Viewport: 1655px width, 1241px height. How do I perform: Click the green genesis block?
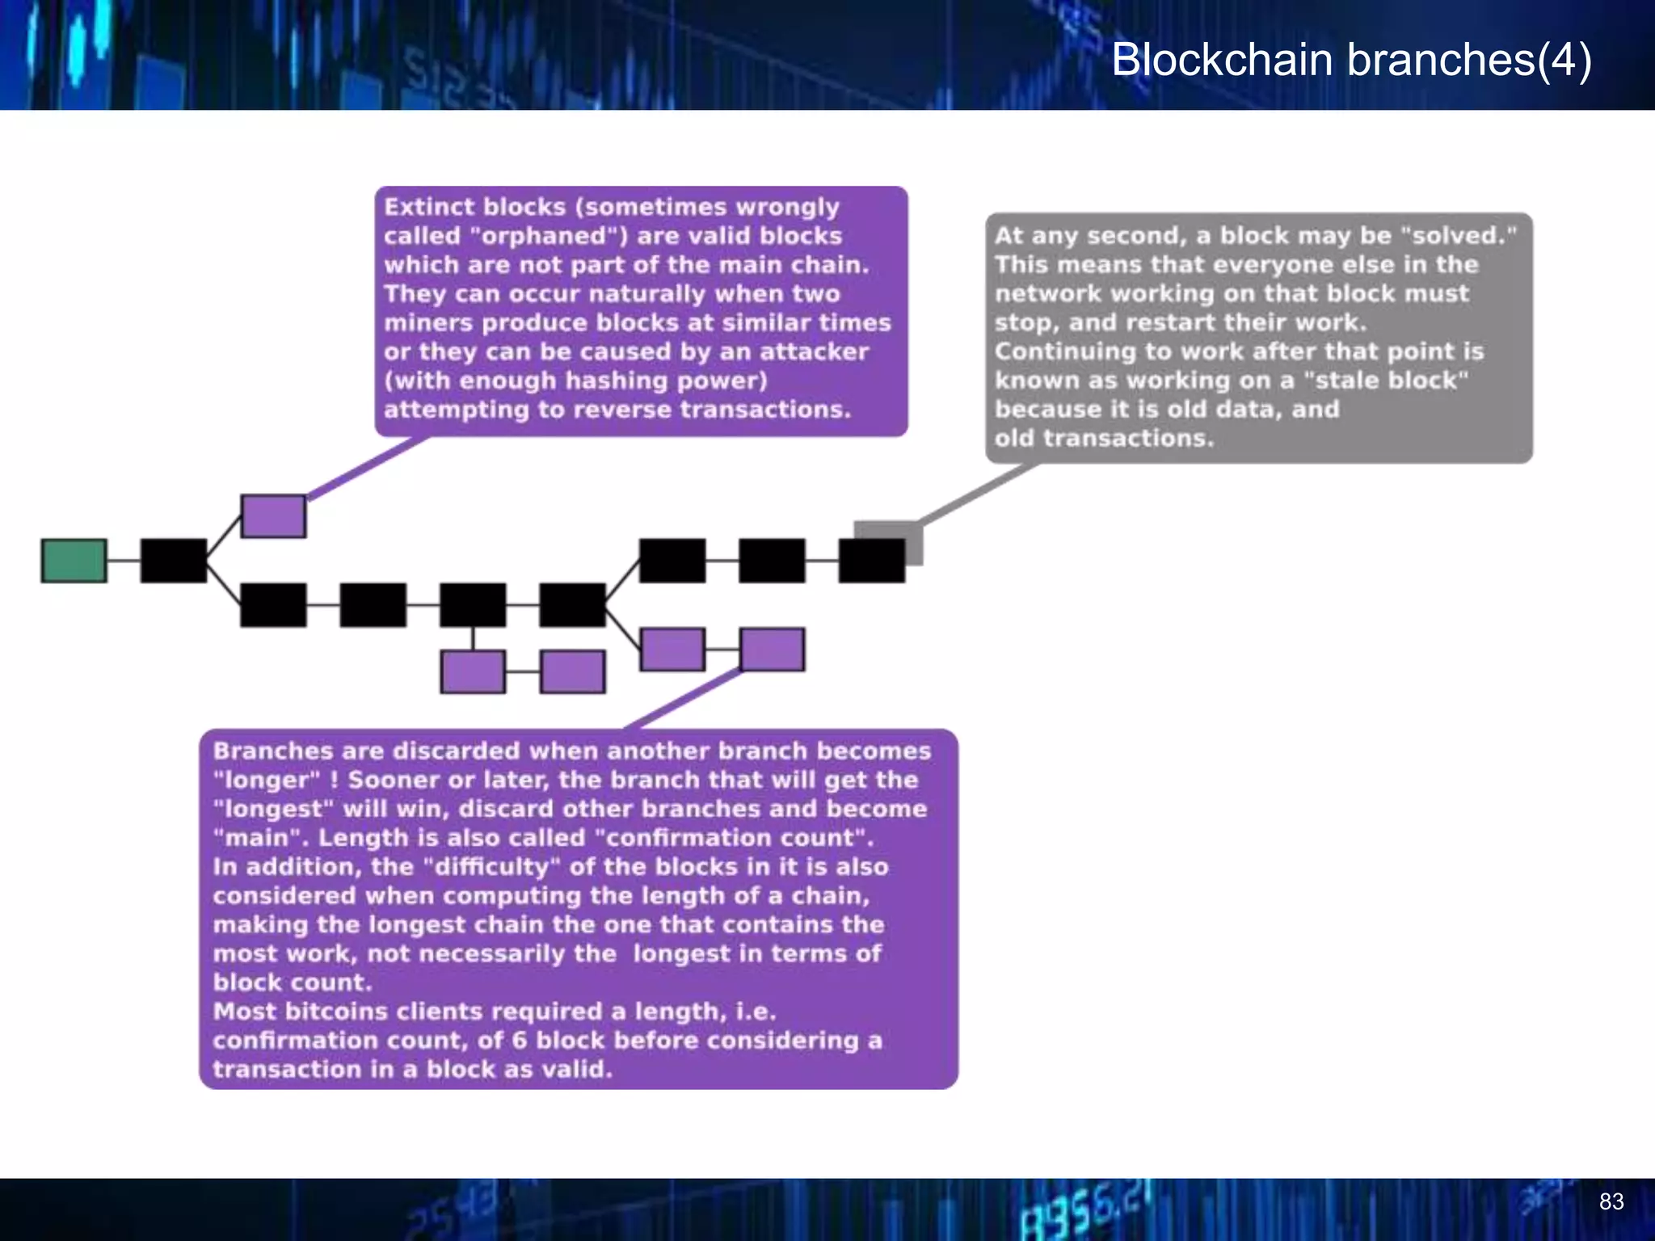(x=74, y=561)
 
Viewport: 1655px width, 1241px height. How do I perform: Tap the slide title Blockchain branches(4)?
(x=1351, y=60)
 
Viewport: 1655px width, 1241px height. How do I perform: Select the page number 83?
(x=1611, y=1201)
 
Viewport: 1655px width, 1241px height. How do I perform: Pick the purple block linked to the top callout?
(x=273, y=516)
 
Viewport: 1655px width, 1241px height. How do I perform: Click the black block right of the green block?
(x=174, y=561)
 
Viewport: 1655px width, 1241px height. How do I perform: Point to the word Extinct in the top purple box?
(x=419, y=207)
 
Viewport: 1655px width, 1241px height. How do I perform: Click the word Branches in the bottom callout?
(x=272, y=751)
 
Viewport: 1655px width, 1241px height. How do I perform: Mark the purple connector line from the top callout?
(x=368, y=467)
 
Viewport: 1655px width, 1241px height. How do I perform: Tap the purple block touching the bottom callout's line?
(x=772, y=650)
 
